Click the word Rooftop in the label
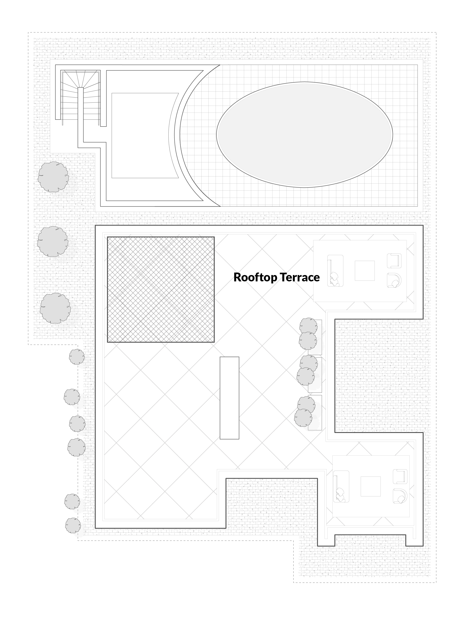255,277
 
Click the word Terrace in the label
299,277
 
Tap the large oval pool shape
305,135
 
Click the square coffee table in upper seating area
365,271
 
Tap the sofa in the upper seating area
335,271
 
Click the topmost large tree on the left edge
53,177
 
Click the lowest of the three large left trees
55,308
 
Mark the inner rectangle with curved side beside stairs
145,136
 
